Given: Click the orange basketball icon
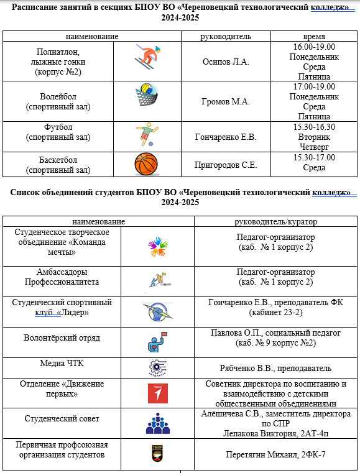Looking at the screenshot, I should [x=147, y=165].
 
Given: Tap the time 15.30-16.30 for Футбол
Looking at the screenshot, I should [x=314, y=126].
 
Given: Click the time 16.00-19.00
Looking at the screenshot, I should [x=314, y=47].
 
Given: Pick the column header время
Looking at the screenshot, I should [x=314, y=36].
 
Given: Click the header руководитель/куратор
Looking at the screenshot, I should [x=275, y=221].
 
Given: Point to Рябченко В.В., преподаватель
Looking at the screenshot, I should [x=276, y=368].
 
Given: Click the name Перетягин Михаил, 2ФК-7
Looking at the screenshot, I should [x=276, y=454].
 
